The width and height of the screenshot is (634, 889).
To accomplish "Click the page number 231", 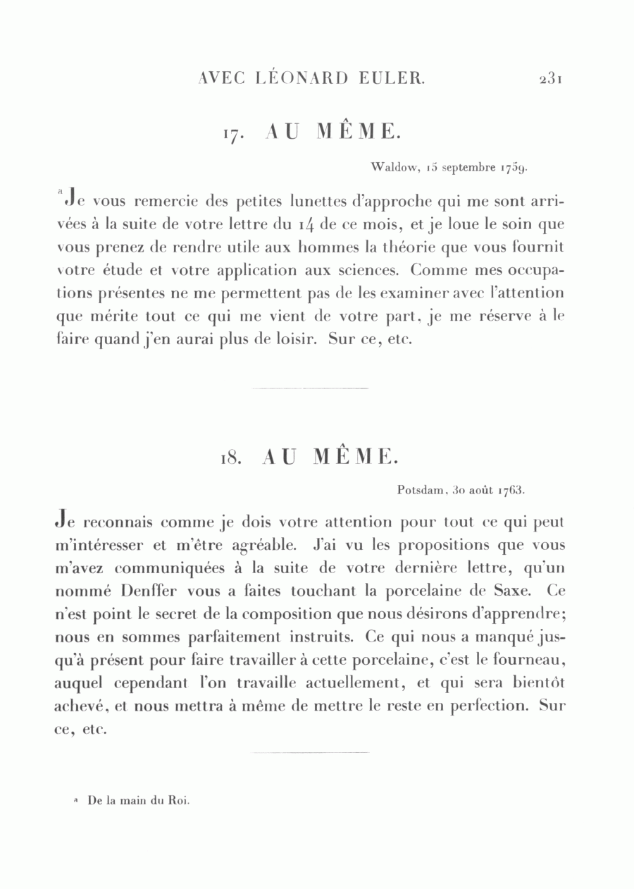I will (x=549, y=78).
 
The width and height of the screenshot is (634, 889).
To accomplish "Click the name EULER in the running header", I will (x=393, y=78).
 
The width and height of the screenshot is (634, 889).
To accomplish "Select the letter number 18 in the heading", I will (x=231, y=458).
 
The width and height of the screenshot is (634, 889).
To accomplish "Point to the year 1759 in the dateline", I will (x=514, y=168).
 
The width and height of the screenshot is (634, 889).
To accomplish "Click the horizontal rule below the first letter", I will (x=310, y=388).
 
